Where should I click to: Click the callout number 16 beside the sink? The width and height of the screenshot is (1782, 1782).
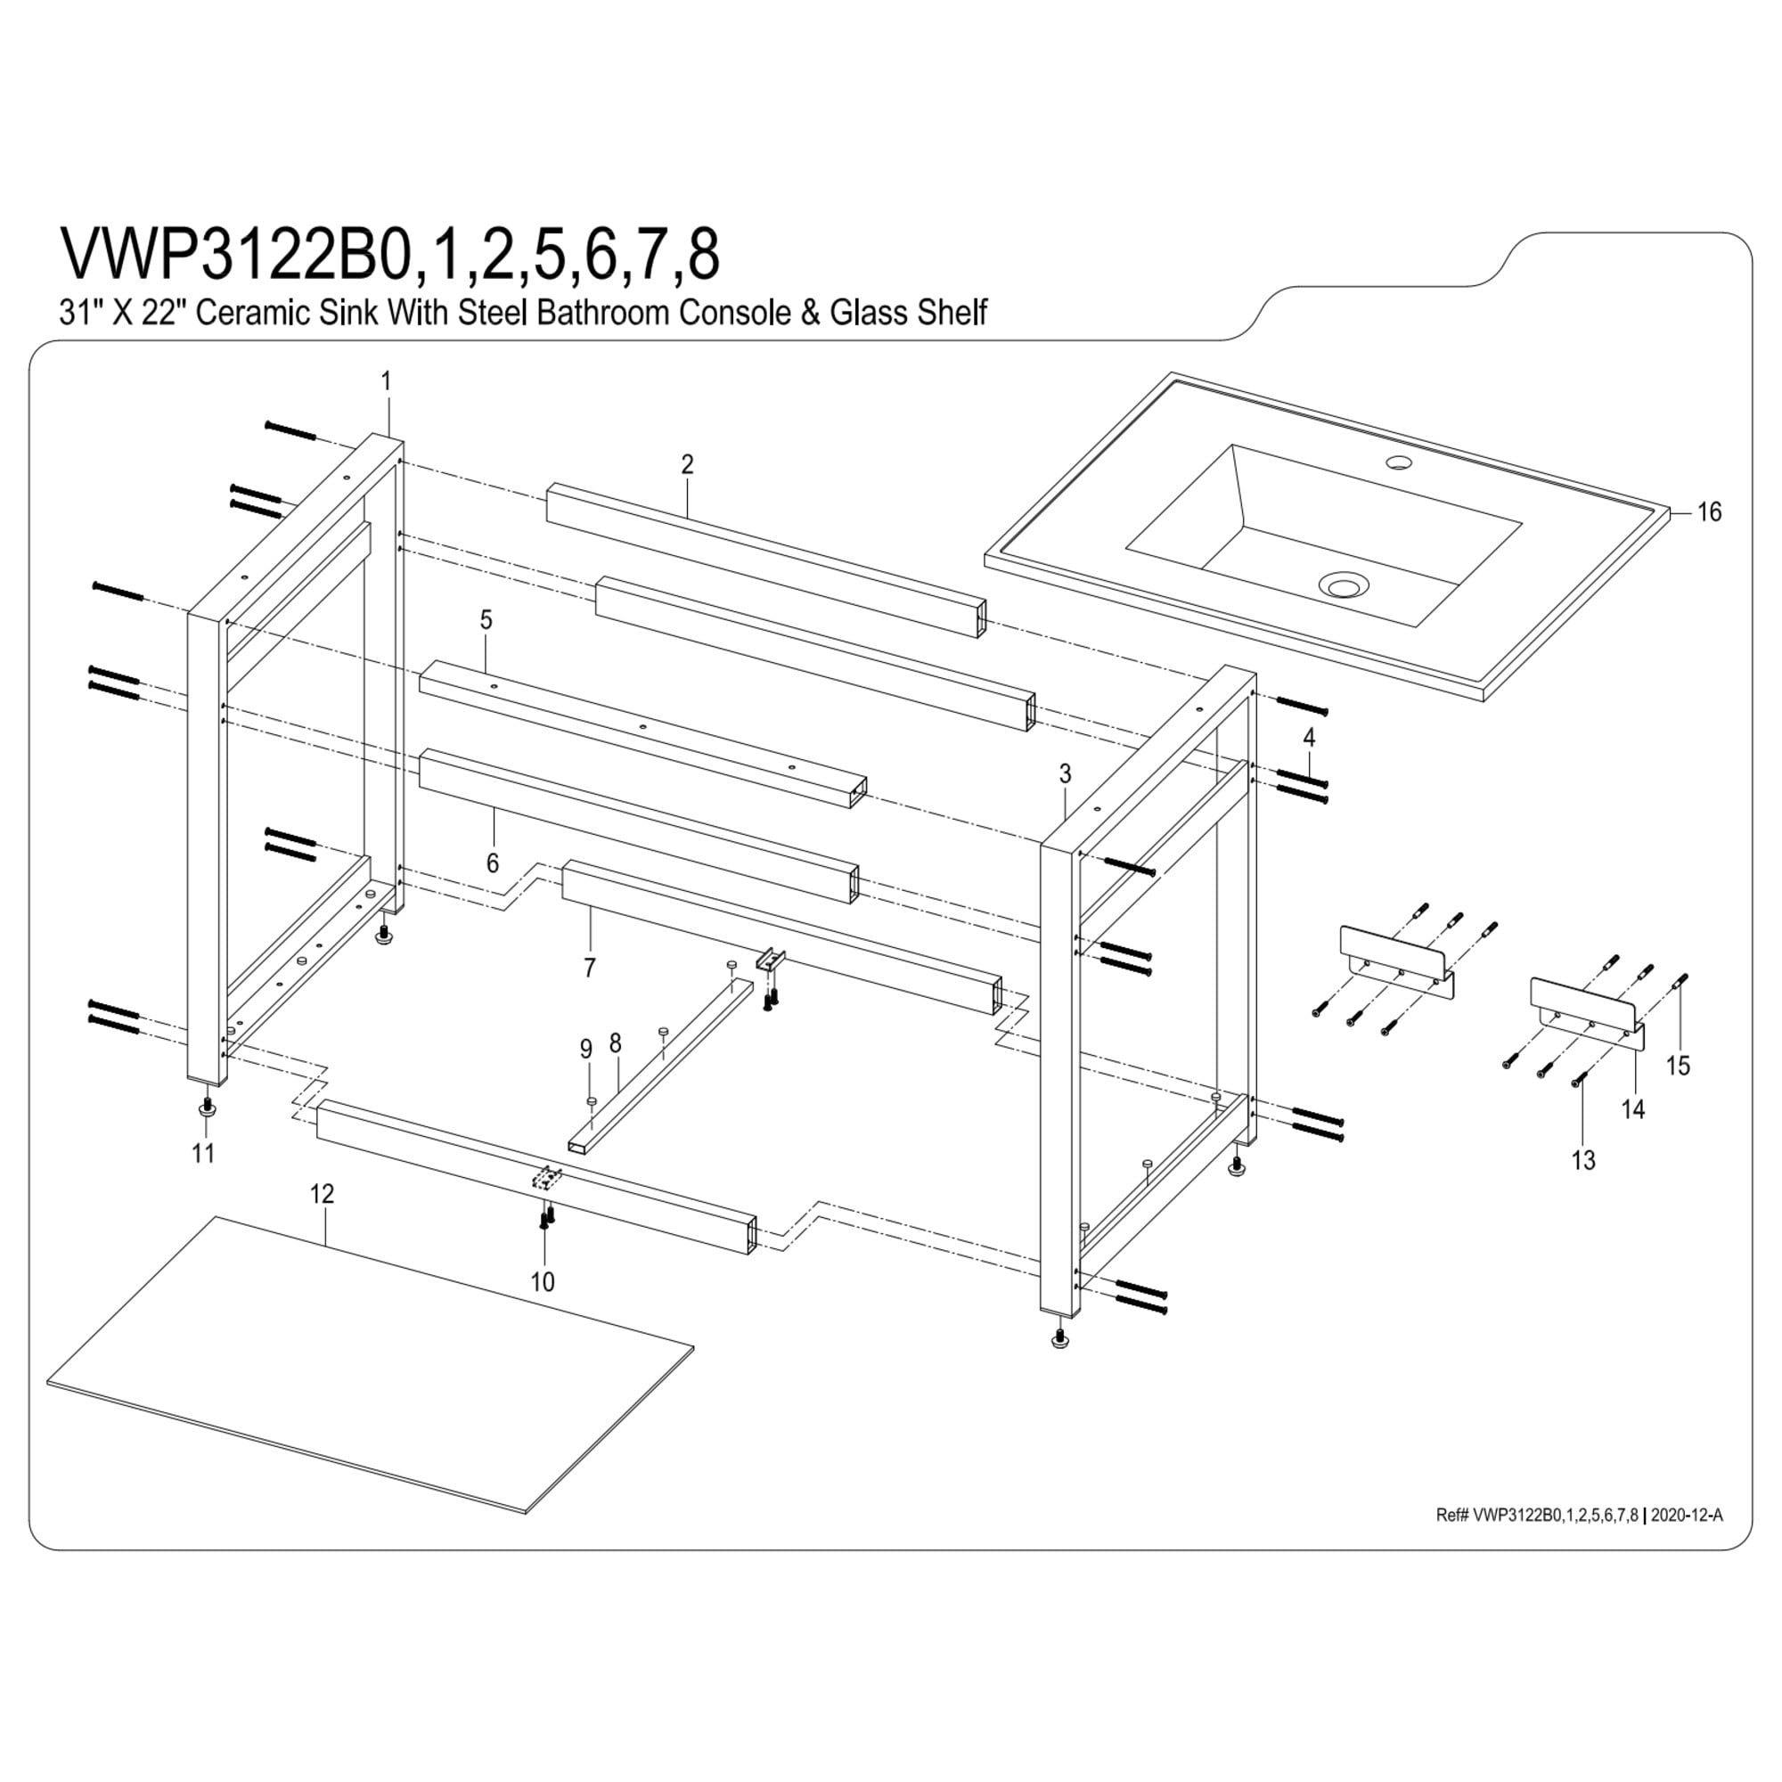click(1709, 512)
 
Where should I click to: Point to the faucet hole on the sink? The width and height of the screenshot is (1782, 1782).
click(1400, 461)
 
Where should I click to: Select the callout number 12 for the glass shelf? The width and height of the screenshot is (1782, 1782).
click(321, 1194)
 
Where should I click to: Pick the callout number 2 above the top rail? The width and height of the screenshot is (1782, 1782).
click(687, 464)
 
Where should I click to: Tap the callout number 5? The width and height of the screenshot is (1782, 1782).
click(486, 620)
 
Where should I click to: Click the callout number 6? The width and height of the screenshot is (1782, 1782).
click(493, 862)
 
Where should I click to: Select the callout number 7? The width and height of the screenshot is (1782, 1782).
click(589, 968)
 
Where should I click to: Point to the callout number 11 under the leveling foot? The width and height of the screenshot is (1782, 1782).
click(203, 1153)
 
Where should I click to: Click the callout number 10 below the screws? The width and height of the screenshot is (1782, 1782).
click(543, 1281)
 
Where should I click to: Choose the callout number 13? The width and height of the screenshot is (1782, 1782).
click(1582, 1160)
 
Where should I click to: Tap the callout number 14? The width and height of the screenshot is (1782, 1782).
click(1632, 1109)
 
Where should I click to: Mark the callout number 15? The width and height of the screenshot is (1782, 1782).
click(1678, 1066)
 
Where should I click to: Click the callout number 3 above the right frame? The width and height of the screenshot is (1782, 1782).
click(1066, 774)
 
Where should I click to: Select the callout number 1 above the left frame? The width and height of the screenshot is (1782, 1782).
click(387, 381)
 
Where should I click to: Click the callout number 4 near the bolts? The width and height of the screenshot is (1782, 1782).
click(1308, 737)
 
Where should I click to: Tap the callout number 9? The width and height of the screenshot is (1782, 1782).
click(584, 1049)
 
